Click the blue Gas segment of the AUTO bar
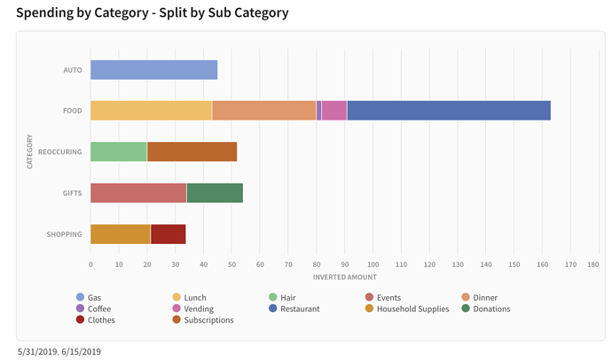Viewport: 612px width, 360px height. pos(153,70)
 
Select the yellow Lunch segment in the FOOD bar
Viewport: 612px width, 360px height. pos(151,111)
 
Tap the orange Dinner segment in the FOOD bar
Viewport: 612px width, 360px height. pos(264,111)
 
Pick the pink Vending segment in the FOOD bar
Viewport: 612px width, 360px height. pos(334,111)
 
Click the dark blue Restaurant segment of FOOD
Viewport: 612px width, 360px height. pos(449,111)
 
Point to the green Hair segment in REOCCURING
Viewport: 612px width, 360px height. pos(118,152)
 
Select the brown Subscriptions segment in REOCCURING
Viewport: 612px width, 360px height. pos(192,152)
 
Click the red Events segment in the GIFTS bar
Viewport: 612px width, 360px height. pos(138,192)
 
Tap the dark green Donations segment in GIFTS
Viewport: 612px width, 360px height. pos(215,192)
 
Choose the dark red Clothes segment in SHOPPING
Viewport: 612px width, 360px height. pos(168,234)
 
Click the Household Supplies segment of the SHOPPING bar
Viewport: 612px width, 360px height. pos(121,234)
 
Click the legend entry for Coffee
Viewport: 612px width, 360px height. pos(98,309)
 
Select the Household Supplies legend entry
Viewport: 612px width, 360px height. pos(412,309)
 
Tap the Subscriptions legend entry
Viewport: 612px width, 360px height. pos(208,320)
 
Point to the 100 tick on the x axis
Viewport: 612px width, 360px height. pos(373,264)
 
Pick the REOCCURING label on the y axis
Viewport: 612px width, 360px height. pos(60,152)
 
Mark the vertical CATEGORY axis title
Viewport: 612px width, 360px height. pos(29,152)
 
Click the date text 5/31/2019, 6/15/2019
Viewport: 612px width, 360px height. pos(59,351)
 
